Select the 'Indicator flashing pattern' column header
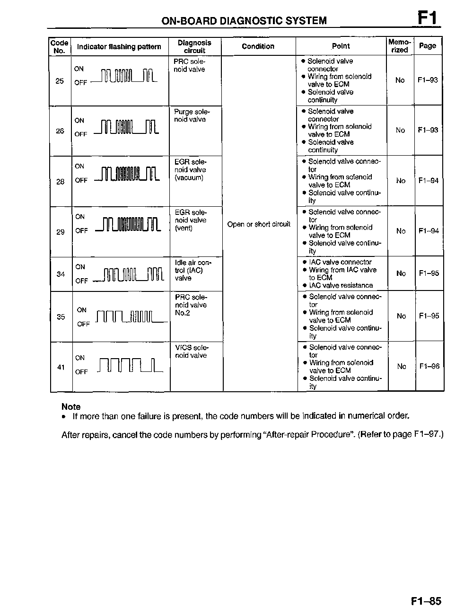(x=119, y=46)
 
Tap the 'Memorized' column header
(x=400, y=46)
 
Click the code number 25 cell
(x=60, y=81)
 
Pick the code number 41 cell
(x=61, y=367)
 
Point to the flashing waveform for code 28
(x=127, y=175)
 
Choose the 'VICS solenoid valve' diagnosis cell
(x=192, y=352)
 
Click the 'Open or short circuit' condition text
(x=259, y=224)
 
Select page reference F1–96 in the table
(x=429, y=366)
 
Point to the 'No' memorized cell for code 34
(x=401, y=273)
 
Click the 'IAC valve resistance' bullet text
(x=341, y=285)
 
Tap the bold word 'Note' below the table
(x=71, y=406)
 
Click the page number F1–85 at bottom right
(x=426, y=601)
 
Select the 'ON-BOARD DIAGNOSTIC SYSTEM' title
(x=244, y=21)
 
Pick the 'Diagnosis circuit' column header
(x=194, y=46)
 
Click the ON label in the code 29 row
(x=80, y=217)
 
